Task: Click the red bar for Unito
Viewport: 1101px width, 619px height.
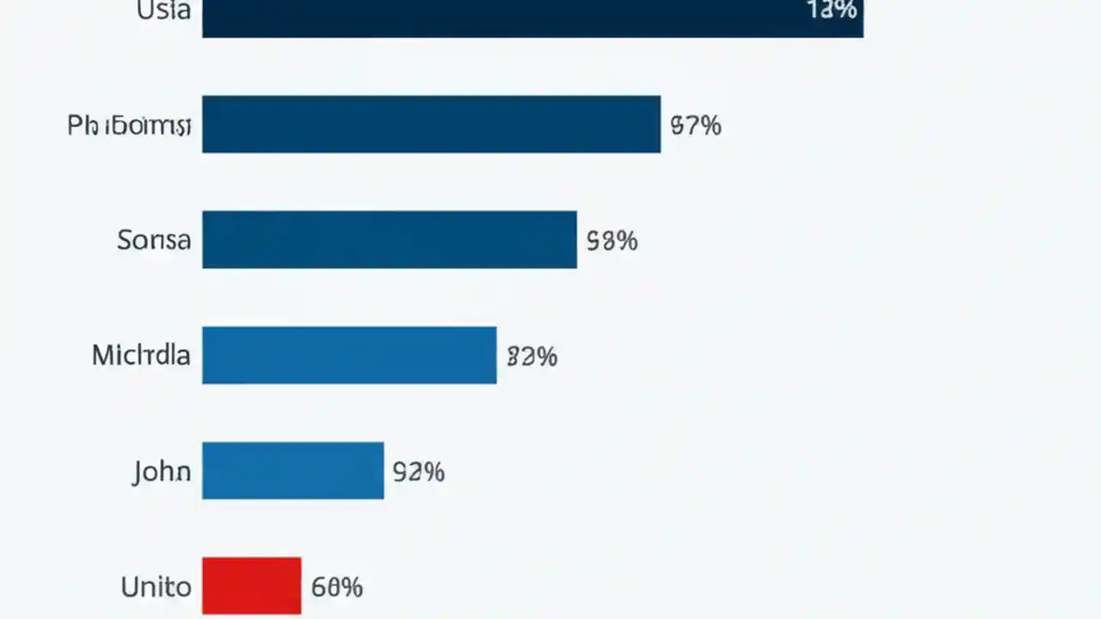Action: pos(251,585)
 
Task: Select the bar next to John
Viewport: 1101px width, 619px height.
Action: pos(292,470)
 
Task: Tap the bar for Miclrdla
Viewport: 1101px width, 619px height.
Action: pos(349,355)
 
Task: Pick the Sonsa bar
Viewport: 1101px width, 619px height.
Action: pos(389,240)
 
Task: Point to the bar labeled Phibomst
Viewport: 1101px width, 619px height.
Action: pos(431,125)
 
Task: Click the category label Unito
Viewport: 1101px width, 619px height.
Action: pos(156,587)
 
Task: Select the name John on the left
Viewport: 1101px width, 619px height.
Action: pos(162,472)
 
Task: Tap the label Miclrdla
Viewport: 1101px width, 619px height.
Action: pos(141,355)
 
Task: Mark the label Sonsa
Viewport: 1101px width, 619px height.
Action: pos(154,240)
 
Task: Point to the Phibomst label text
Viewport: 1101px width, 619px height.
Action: pos(129,126)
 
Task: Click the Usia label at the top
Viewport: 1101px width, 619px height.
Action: pos(163,11)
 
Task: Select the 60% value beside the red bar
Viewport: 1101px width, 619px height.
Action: pos(336,587)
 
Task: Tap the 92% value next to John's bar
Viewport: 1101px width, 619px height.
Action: pos(418,472)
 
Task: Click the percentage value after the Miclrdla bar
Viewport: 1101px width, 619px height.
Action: pos(532,356)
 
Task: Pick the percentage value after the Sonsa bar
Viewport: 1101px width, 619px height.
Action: pos(612,241)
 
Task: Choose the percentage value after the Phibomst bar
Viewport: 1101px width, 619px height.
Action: pos(695,126)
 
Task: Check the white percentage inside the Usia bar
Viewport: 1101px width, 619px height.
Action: pos(832,10)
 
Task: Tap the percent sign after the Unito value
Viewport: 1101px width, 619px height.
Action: pos(352,587)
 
